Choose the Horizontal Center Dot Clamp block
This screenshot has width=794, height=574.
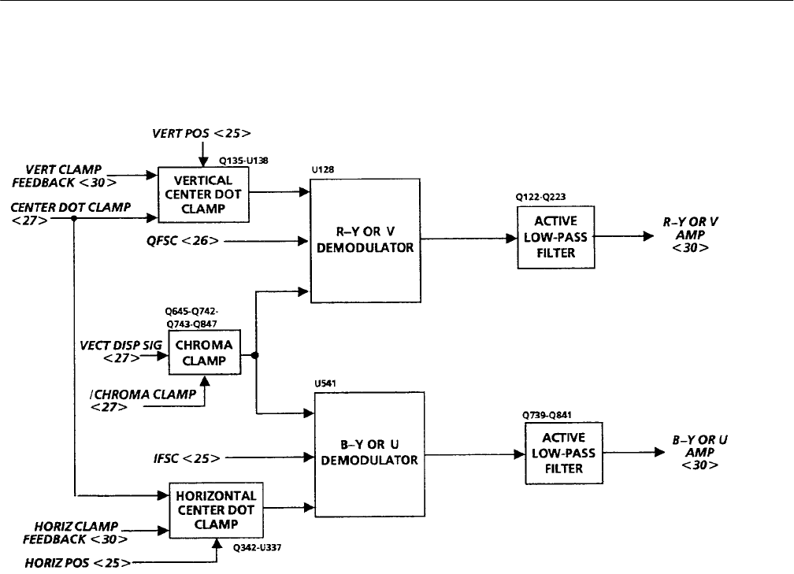216,509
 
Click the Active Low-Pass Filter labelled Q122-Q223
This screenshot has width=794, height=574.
555,237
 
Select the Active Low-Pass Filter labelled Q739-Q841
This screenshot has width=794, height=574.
563,452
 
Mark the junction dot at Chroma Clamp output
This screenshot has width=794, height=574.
256,354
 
